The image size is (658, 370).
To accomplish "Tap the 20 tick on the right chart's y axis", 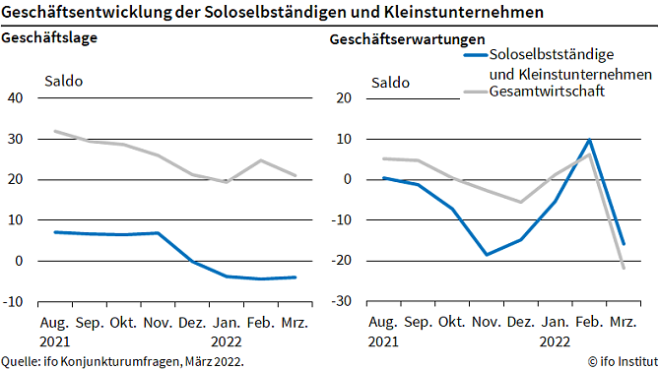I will [x=344, y=98].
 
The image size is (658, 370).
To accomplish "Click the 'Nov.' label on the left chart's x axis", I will [x=158, y=323].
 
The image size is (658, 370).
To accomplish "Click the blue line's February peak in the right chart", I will [x=589, y=140].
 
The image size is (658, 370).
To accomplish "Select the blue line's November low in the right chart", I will [x=486, y=255].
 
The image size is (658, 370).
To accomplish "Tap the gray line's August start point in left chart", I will [x=55, y=131].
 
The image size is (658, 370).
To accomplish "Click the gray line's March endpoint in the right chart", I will [x=624, y=269].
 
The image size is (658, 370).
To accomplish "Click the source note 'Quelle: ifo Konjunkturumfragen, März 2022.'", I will [x=122, y=361].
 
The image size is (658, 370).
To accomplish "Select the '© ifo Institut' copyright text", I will [x=618, y=361].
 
